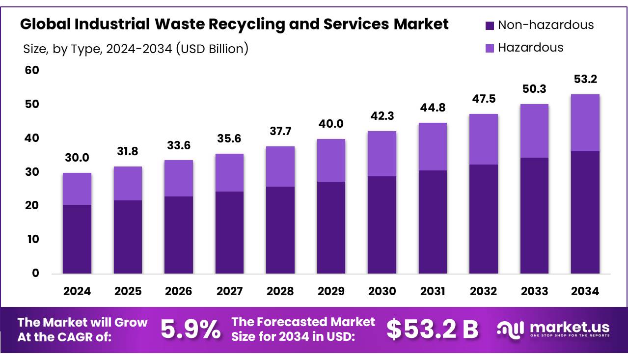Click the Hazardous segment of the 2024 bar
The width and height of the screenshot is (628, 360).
[x=77, y=189]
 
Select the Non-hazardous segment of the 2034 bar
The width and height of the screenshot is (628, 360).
[x=585, y=212]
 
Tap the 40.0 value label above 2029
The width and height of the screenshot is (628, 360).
[x=331, y=124]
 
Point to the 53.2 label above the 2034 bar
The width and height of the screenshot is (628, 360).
[x=585, y=80]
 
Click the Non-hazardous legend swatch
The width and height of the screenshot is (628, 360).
[x=489, y=25]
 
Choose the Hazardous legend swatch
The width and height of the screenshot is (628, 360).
[x=489, y=48]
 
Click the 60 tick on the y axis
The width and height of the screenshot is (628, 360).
[x=32, y=71]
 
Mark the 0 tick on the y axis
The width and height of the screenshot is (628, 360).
[x=35, y=274]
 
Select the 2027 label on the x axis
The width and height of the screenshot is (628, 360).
[x=229, y=291]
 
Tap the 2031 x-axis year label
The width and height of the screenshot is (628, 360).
[x=433, y=291]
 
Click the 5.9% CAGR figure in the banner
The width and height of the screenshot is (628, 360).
[x=191, y=330]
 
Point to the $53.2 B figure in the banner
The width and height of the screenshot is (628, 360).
[x=432, y=330]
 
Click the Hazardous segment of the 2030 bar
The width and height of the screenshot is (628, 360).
[x=382, y=154]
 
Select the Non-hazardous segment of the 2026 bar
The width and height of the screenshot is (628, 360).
[x=179, y=235]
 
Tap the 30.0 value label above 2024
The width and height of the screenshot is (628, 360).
[x=77, y=158]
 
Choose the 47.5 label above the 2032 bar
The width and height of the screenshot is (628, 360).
[x=484, y=99]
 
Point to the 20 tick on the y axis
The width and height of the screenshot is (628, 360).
[x=32, y=206]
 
